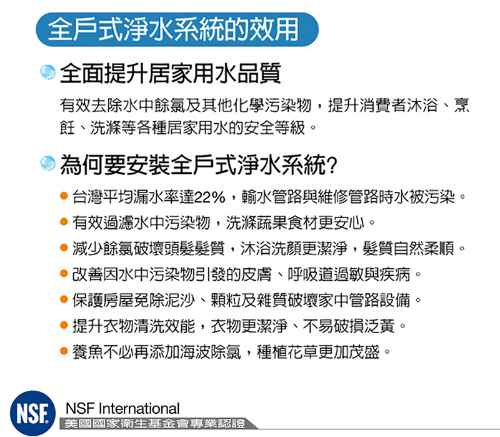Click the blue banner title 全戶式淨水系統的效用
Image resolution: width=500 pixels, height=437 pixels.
tap(174, 29)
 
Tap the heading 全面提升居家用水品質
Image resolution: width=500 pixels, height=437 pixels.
tap(170, 73)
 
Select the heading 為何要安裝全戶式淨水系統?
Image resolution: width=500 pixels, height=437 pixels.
tap(198, 164)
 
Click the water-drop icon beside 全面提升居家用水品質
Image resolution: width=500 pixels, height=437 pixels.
tap(48, 72)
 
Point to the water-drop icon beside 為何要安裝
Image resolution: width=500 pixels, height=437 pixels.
tap(48, 163)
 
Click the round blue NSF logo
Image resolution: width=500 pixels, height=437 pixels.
tap(32, 413)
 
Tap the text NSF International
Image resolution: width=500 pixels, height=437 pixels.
tap(122, 408)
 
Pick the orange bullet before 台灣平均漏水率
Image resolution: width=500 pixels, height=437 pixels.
tap(64, 196)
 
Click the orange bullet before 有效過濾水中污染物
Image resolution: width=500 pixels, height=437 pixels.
tap(64, 221)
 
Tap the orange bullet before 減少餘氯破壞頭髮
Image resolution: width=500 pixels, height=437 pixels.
tap(64, 248)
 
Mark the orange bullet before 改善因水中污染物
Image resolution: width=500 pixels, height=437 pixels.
tap(64, 273)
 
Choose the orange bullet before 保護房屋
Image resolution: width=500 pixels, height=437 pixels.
tap(64, 299)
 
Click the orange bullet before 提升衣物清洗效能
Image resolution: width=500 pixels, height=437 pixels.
tap(64, 325)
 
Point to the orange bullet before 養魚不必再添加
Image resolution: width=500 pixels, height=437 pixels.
tap(64, 351)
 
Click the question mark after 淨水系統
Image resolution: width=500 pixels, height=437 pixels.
tap(332, 165)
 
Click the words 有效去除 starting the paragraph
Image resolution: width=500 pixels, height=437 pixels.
tap(91, 105)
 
